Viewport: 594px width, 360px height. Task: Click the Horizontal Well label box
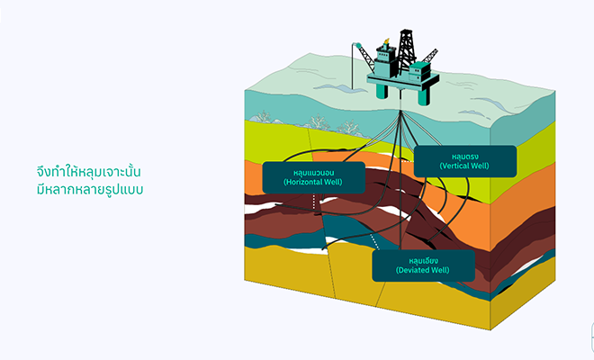point(314,177)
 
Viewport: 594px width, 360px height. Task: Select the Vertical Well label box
point(465,161)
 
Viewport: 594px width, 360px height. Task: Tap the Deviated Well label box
point(423,265)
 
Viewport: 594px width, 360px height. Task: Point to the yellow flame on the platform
point(386,40)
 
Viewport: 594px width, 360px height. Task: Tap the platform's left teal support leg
point(382,91)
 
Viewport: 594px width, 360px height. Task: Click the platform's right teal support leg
point(423,96)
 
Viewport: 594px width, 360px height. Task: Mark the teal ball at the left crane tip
point(358,46)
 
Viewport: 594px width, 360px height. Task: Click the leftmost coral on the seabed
point(263,117)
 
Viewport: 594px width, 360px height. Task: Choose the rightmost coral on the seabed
point(348,127)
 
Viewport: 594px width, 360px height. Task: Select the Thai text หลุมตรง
point(465,157)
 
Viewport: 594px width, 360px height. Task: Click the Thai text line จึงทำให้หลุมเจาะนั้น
point(88,171)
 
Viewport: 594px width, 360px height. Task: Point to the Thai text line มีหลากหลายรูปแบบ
point(90,189)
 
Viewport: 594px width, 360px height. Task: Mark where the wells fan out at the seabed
point(400,112)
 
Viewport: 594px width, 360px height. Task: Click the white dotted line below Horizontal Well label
point(314,202)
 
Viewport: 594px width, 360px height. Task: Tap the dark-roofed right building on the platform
point(419,71)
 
